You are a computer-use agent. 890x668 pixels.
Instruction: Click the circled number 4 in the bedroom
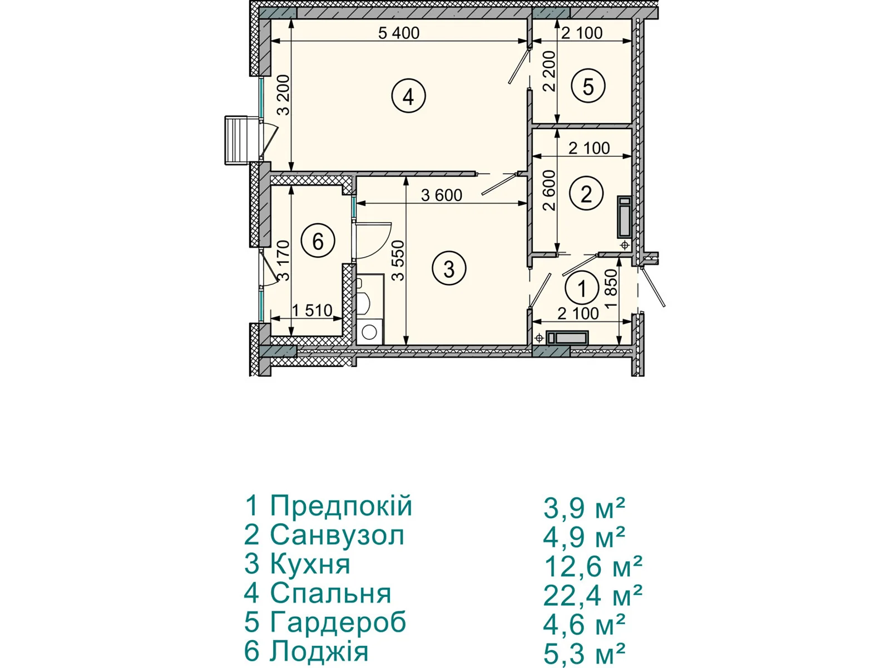coord(408,96)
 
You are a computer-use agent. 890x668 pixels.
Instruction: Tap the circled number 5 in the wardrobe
coord(588,86)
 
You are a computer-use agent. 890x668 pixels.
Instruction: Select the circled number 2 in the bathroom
coord(586,194)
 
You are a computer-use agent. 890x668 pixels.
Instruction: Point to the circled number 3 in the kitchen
coord(449,268)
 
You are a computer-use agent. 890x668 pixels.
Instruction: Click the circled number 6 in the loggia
coord(318,242)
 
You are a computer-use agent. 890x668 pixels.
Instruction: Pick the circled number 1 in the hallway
coord(582,288)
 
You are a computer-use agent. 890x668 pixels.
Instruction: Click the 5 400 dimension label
coord(399,33)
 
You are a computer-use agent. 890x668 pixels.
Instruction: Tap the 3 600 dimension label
coord(442,195)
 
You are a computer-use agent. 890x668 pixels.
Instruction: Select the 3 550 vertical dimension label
coord(399,261)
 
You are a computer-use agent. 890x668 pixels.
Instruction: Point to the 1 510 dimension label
coord(312,311)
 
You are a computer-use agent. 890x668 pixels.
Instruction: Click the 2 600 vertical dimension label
coord(549,190)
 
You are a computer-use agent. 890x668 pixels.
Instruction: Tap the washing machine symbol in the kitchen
coord(369,331)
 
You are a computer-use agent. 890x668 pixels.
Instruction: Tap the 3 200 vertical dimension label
coord(285,95)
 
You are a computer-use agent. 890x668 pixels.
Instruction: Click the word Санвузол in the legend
coord(337,536)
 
